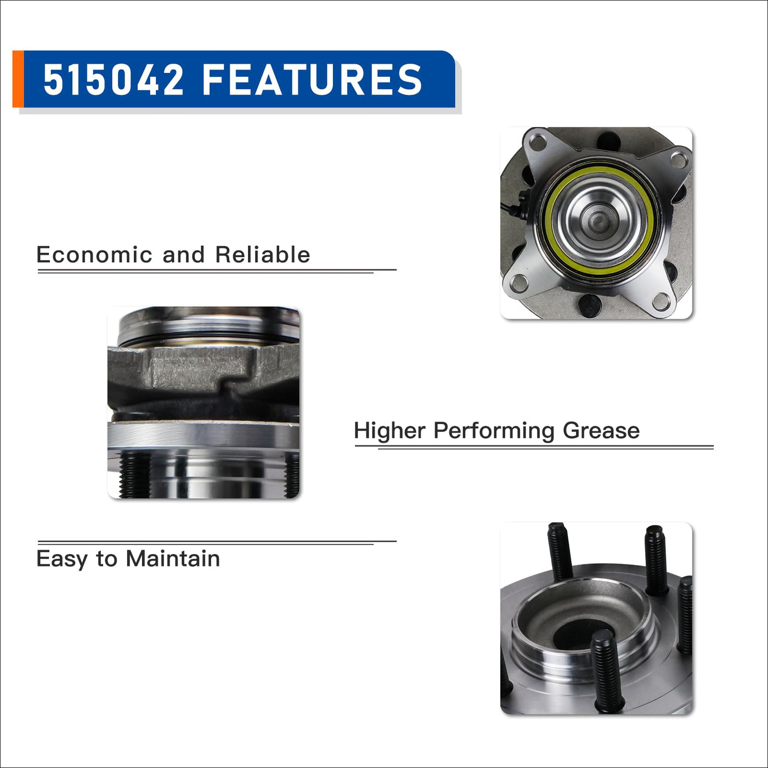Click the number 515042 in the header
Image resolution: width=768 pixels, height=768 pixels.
(x=113, y=80)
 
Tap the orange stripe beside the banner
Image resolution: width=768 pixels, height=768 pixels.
(x=18, y=79)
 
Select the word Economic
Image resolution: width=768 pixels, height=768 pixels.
(x=94, y=255)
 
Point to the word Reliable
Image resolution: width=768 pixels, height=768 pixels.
(x=263, y=255)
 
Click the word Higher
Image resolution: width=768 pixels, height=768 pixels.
(x=389, y=431)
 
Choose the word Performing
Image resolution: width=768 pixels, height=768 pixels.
(x=494, y=431)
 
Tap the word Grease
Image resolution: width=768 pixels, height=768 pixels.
(x=601, y=431)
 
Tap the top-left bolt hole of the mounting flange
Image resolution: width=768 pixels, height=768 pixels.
(x=539, y=141)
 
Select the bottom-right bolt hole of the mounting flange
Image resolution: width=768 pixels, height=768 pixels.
(x=662, y=301)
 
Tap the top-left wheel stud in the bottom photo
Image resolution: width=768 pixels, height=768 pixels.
(x=560, y=551)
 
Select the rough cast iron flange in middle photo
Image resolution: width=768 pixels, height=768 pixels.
(x=204, y=366)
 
